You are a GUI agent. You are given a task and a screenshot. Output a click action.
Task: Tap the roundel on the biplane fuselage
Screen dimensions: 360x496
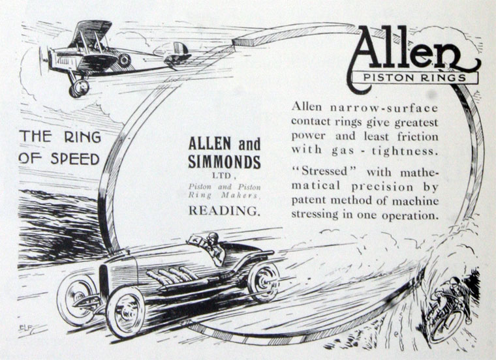tap(123, 60)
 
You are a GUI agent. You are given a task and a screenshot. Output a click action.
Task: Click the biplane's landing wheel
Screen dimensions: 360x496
tap(80, 87)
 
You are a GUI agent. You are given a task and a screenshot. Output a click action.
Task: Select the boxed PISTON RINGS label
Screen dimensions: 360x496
tap(414, 78)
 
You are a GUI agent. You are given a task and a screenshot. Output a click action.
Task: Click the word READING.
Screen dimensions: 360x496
tap(224, 211)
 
